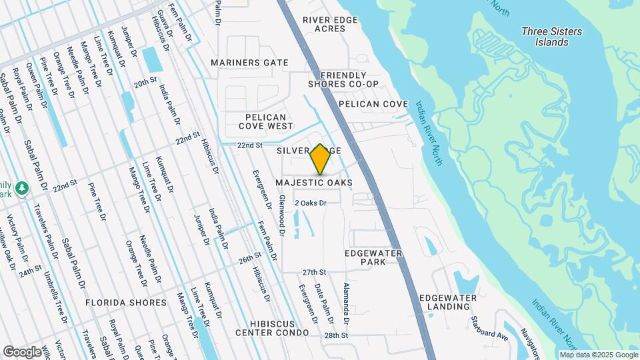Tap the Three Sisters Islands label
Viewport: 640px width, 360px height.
551,37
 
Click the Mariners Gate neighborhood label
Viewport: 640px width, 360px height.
249,63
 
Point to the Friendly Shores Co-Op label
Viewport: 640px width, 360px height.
343,79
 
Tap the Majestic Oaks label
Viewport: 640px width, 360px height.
315,183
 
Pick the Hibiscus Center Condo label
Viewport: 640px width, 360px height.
272,327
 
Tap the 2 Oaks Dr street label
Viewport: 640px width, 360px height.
310,203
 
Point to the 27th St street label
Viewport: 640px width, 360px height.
314,273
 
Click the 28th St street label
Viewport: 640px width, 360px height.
337,335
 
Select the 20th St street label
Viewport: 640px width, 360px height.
144,85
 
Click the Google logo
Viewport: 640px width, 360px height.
23,351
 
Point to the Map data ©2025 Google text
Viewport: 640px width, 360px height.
598,355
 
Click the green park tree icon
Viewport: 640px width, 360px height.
23,189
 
